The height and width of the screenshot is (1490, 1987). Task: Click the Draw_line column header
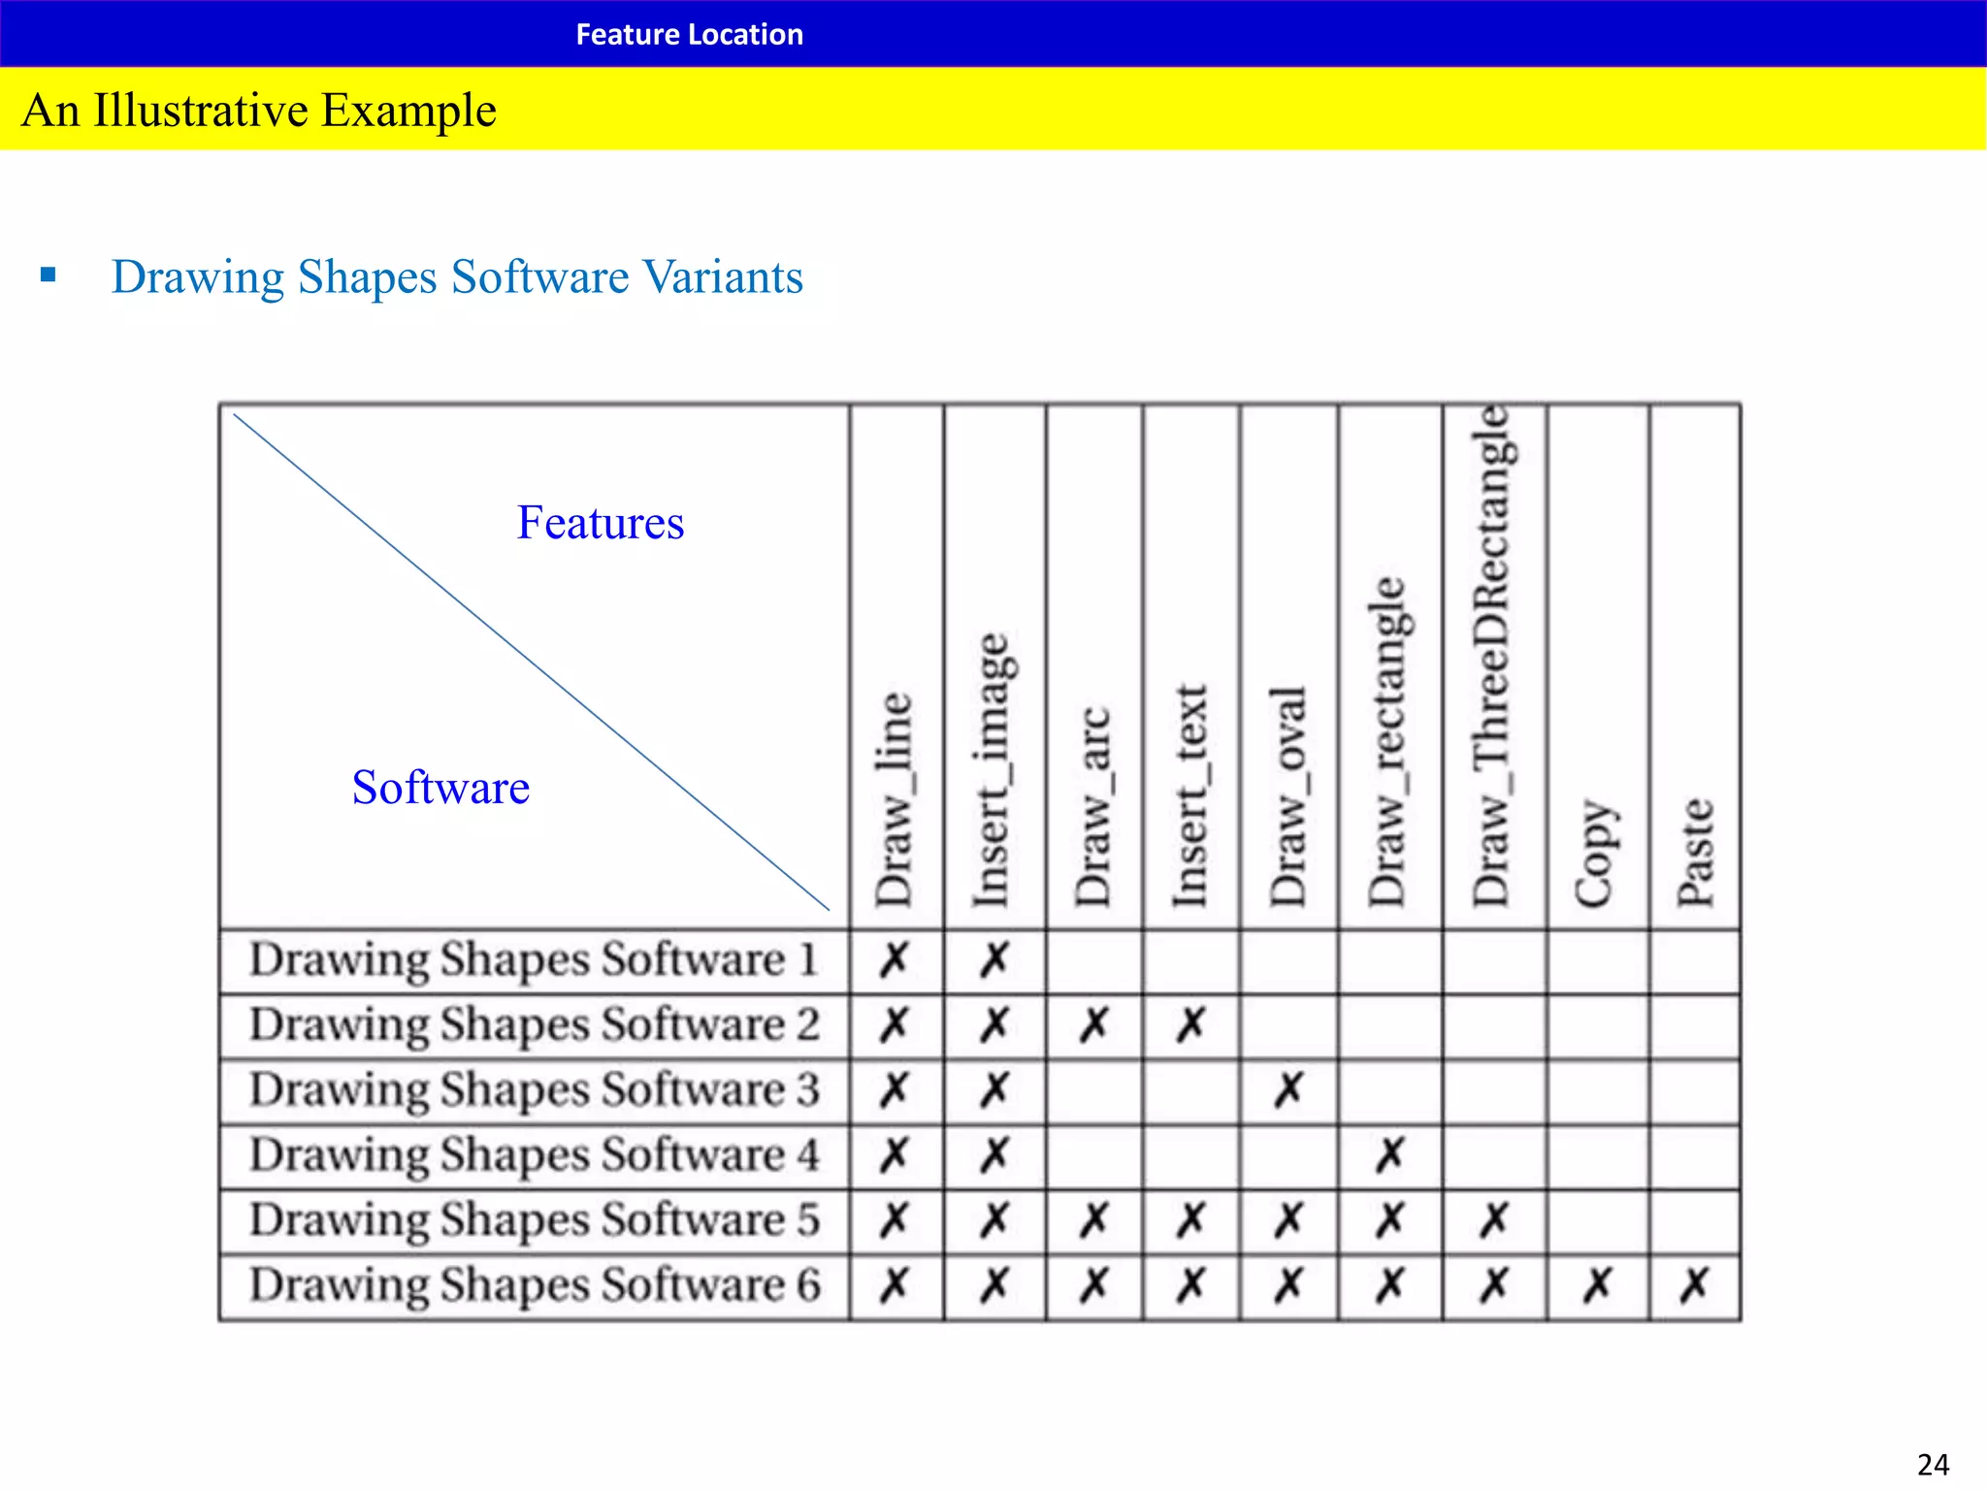[x=895, y=799]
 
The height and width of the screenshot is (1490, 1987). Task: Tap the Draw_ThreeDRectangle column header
[x=1492, y=656]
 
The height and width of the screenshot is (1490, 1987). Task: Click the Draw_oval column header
[x=1289, y=795]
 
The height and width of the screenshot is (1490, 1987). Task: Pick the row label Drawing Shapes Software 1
[x=534, y=960]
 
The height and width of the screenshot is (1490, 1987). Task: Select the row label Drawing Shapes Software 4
[x=535, y=1155]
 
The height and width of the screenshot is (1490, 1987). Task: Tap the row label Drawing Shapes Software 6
[x=535, y=1285]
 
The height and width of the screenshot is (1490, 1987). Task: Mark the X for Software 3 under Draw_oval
[x=1289, y=1090]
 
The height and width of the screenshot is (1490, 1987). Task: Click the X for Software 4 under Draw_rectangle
[x=1390, y=1155]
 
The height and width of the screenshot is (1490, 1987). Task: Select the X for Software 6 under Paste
[x=1695, y=1286]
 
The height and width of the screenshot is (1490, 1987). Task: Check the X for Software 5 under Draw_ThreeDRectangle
[x=1494, y=1220]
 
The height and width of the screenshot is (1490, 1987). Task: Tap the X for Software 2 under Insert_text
[x=1191, y=1024]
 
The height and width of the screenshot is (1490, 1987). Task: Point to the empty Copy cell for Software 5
[x=1597, y=1220]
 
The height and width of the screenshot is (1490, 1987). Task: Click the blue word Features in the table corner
[x=601, y=523]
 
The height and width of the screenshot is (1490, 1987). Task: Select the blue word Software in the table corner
[x=440, y=787]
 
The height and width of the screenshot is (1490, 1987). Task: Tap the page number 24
[x=1933, y=1464]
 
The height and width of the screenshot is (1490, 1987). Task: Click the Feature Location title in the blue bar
[x=689, y=34]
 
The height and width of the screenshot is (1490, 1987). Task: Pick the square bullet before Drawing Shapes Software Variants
[x=49, y=275]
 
